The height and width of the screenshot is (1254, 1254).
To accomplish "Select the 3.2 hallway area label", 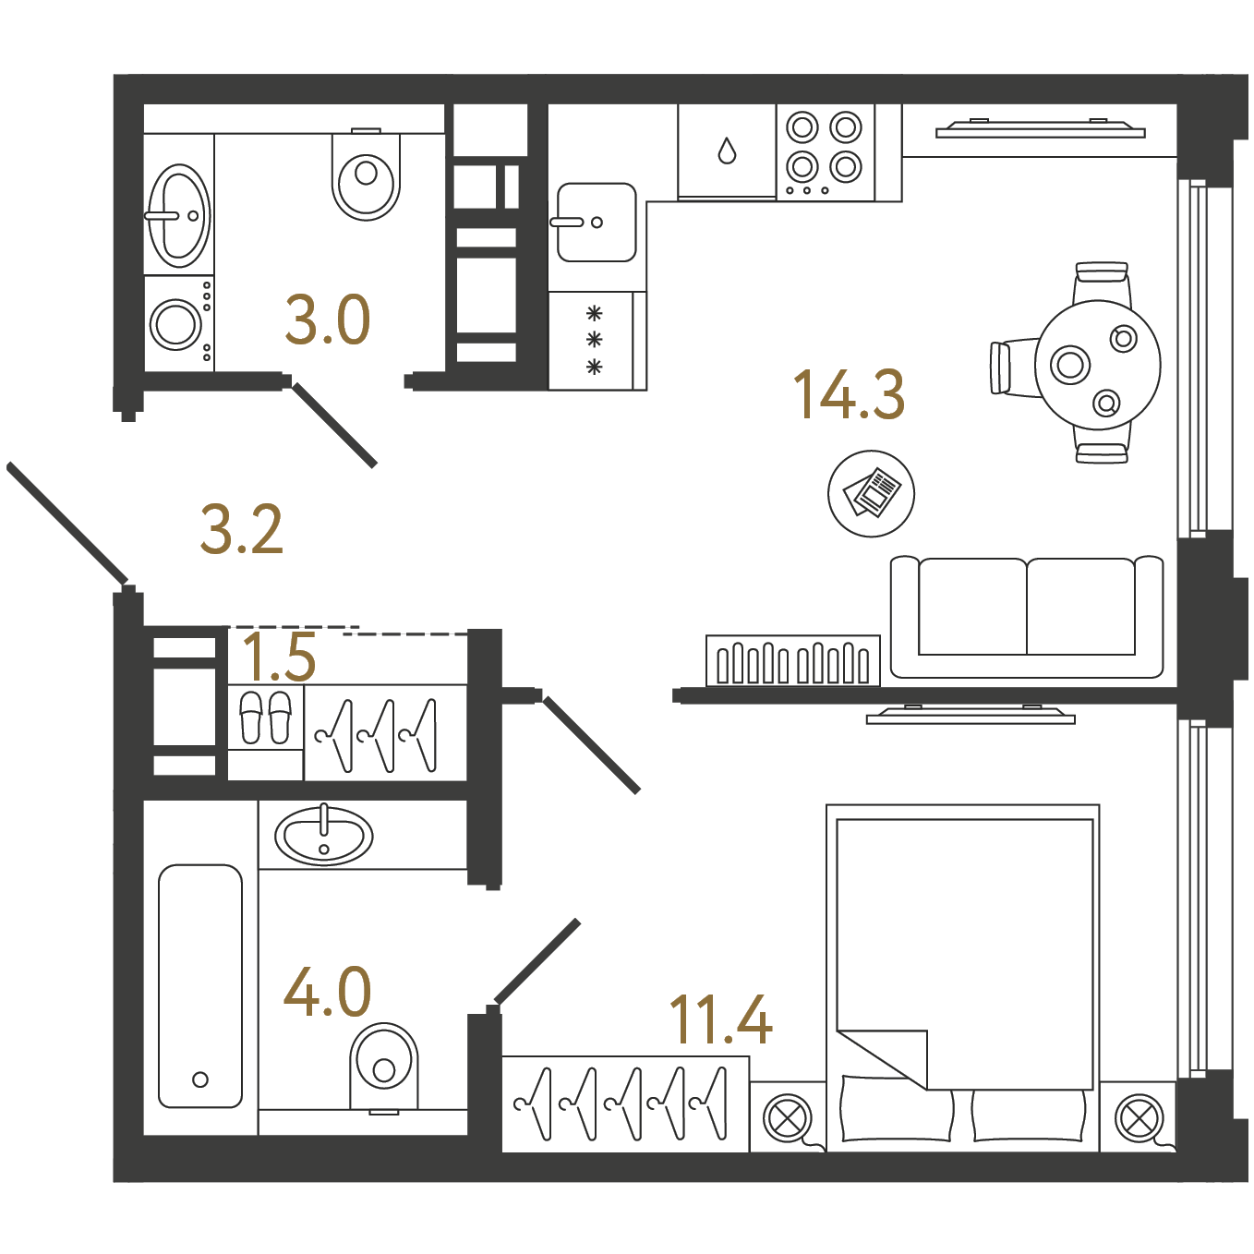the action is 241,530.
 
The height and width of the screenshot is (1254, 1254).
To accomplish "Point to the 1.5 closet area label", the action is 279,657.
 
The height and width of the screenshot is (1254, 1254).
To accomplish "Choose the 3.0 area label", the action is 328,320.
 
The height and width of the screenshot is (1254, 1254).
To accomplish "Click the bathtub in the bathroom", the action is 200,985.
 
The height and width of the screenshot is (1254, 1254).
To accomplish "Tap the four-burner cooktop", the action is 826,152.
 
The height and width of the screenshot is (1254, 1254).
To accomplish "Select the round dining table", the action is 1098,365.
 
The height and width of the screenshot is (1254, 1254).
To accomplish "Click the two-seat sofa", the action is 1026,616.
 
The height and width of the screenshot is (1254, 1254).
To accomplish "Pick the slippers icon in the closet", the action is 266,717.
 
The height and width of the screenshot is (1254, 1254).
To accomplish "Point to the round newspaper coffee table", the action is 871,493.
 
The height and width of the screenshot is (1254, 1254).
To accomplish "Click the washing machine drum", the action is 175,323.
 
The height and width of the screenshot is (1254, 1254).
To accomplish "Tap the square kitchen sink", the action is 597,222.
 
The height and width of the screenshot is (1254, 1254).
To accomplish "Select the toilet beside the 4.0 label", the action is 384,1068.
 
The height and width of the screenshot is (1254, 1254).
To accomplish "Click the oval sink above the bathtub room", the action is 323,837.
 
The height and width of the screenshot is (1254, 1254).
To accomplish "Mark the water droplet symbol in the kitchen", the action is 727,151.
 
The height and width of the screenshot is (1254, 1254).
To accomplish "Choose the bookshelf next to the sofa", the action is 792,660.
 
